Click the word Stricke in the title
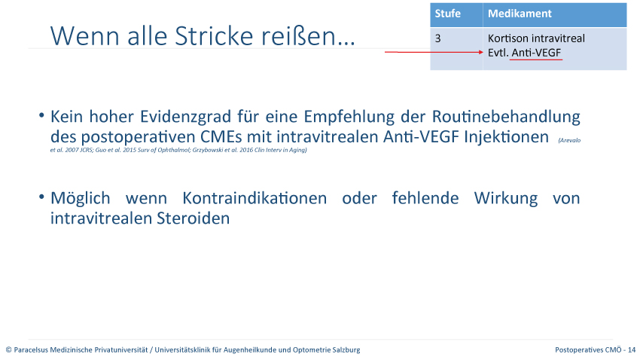point(215,36)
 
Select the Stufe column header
point(448,14)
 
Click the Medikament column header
point(520,14)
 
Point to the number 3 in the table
point(438,38)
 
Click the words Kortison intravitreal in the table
point(536,38)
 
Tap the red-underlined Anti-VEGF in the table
point(536,53)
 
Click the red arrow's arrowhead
point(481,52)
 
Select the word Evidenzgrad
point(186,117)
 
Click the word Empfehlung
point(349,117)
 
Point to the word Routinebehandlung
point(506,117)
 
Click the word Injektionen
point(507,137)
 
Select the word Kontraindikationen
point(254,198)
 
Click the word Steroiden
point(193,218)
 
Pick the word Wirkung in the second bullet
point(506,199)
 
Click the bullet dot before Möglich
point(41,197)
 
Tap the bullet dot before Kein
point(41,115)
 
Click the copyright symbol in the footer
point(8,349)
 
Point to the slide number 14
point(632,349)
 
